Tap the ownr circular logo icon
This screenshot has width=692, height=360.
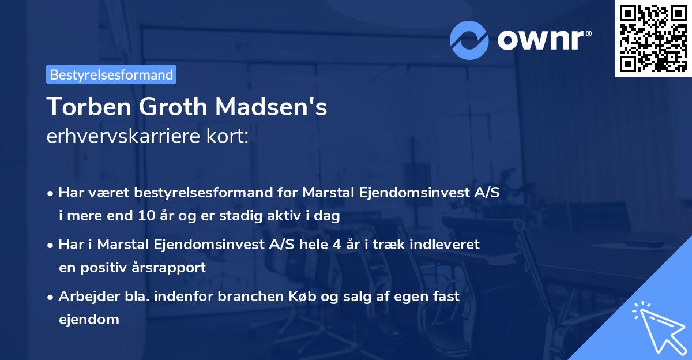pyautogui.click(x=469, y=40)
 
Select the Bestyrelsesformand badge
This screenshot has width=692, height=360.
pyautogui.click(x=111, y=74)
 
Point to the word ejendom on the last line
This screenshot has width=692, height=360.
pyautogui.click(x=89, y=319)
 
